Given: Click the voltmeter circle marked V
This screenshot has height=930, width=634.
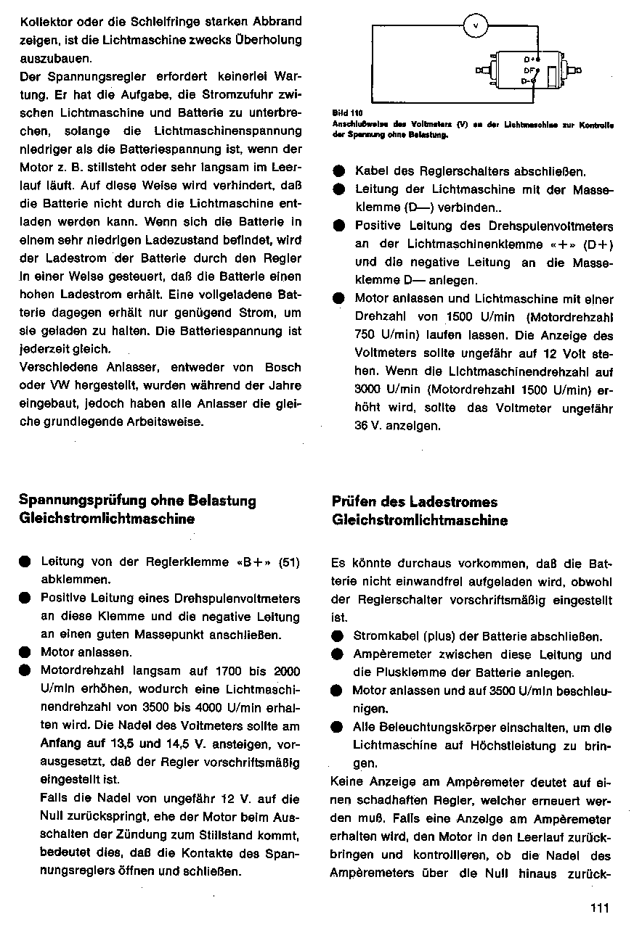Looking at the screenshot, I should coord(476,26).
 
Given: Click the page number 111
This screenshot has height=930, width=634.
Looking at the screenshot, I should coord(600,907).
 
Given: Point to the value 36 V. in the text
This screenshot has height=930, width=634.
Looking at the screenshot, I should coord(367,426).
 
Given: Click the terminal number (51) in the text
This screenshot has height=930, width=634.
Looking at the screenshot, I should coord(289,561).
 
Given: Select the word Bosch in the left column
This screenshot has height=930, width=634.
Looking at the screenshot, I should coord(283,368).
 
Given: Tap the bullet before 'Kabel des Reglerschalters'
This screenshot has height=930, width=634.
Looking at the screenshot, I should coord(339,173).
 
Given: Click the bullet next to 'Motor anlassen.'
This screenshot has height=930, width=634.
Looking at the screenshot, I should coord(25,653).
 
